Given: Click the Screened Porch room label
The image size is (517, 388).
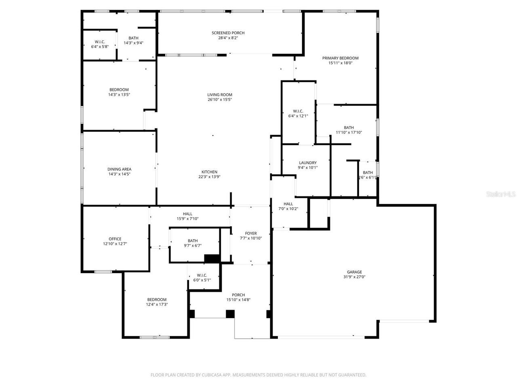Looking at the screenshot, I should click(228, 33).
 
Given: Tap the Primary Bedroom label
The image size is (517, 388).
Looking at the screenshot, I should click(340, 58).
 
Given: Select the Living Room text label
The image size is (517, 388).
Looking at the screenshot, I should click(220, 95).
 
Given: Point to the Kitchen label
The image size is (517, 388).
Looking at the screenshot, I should click(209, 172).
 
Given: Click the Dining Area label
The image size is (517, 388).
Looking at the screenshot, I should click(119, 169).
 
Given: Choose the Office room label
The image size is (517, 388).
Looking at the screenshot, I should click(115, 239).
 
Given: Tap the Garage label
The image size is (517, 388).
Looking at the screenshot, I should click(354, 272).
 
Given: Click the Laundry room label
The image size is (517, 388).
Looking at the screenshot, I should click(308, 163).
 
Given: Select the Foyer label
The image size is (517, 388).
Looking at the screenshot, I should click(251, 233).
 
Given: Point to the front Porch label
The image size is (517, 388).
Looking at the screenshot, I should click(238, 295).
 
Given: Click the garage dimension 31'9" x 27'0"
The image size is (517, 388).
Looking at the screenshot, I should click(354, 277).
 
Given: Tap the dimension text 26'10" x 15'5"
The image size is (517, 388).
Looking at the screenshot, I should click(220, 100).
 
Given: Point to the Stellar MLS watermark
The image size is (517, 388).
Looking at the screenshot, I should click(501, 194).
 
